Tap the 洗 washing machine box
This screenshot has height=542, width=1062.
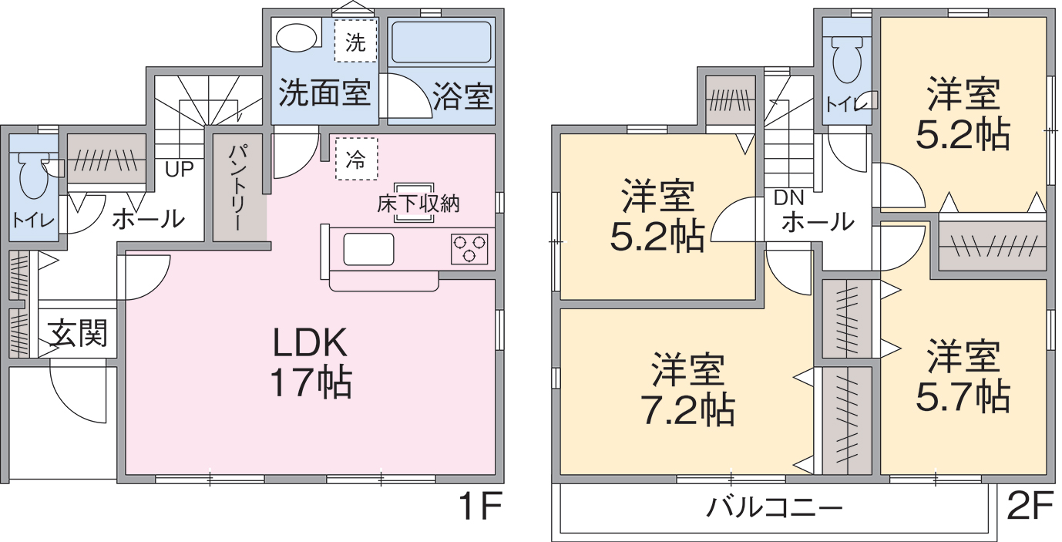click(x=355, y=40)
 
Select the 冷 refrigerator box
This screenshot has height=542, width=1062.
click(x=357, y=159)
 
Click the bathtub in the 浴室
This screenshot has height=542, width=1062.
click(x=442, y=42)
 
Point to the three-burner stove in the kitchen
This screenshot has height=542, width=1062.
click(x=469, y=249)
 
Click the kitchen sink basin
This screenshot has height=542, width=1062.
click(x=368, y=249)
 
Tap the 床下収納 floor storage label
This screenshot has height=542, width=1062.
click(x=418, y=204)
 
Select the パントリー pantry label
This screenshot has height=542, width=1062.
click(x=237, y=188)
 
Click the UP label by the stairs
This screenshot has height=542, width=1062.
click(x=180, y=169)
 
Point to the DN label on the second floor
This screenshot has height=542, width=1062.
click(x=788, y=198)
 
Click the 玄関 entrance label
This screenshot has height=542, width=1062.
click(x=79, y=332)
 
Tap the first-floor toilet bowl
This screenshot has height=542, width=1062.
click(x=33, y=176)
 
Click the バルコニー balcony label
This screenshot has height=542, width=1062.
click(x=775, y=508)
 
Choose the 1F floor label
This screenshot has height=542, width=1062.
click(x=479, y=507)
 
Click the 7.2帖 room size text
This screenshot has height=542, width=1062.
click(x=687, y=410)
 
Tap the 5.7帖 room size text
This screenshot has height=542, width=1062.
click(x=963, y=396)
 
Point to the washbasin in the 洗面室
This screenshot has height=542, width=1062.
click(x=296, y=36)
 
